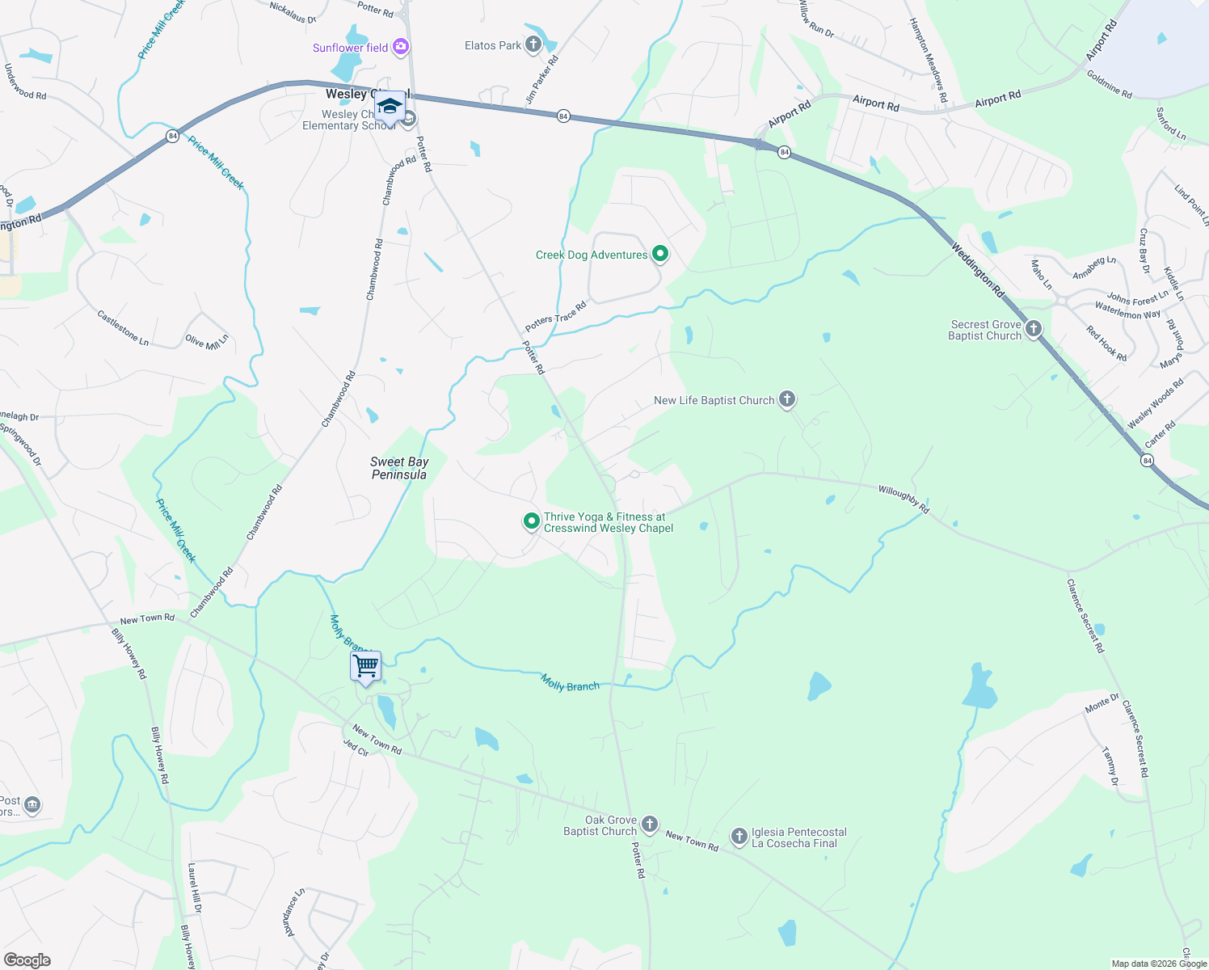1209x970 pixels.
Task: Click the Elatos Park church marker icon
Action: coord(533,44)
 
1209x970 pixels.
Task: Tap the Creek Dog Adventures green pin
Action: coord(660,254)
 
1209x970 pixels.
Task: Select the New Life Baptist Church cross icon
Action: coord(786,399)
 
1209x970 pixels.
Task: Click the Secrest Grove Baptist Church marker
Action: coord(1033,329)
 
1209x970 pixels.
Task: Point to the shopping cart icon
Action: coord(366,666)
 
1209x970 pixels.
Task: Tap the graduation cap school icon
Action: coord(390,107)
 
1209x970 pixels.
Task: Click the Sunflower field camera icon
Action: coord(400,48)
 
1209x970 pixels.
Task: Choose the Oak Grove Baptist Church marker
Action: coord(650,825)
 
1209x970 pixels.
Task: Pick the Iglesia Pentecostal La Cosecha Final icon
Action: coord(739,837)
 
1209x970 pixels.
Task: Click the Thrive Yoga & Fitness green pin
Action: coord(531,521)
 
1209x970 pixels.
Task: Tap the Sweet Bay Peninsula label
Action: coord(399,468)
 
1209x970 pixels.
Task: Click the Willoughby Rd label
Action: coord(904,499)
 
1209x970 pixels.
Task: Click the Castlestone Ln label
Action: coord(123,328)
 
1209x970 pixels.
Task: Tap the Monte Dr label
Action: coord(1102,704)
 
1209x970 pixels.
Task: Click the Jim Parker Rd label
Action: coord(542,79)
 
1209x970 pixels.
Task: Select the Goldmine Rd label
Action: coord(1109,84)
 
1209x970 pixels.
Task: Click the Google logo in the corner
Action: coord(27,959)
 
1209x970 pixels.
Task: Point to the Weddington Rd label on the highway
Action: coord(977,271)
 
